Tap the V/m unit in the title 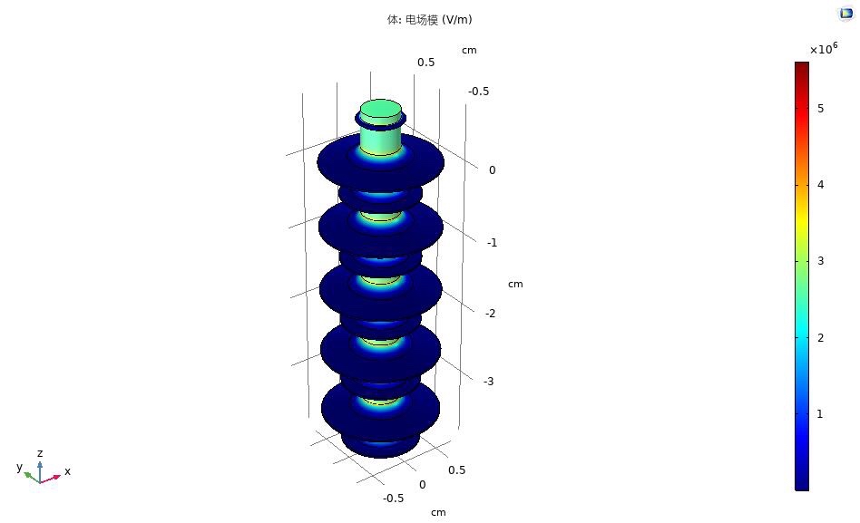tap(456, 20)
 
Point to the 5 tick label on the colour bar tap(820, 109)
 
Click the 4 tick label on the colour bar tap(820, 185)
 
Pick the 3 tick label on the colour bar tap(820, 261)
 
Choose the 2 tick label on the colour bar tap(820, 338)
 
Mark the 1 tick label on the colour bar tap(820, 414)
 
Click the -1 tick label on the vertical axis tap(492, 243)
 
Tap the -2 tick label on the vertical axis tap(491, 314)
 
